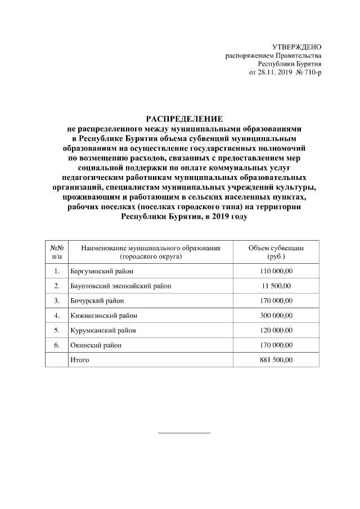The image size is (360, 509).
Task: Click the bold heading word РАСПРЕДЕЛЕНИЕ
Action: [184, 119]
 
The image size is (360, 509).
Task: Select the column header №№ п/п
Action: [56, 252]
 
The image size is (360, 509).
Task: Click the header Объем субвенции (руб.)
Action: [276, 252]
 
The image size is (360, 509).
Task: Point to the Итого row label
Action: [79, 359]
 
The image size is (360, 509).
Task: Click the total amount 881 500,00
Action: [276, 359]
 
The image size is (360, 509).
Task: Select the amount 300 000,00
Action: [276, 315]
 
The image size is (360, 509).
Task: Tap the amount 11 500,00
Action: [276, 286]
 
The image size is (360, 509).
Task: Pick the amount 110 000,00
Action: [276, 271]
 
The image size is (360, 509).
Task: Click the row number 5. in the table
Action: [56, 330]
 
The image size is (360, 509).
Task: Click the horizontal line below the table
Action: [184, 433]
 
